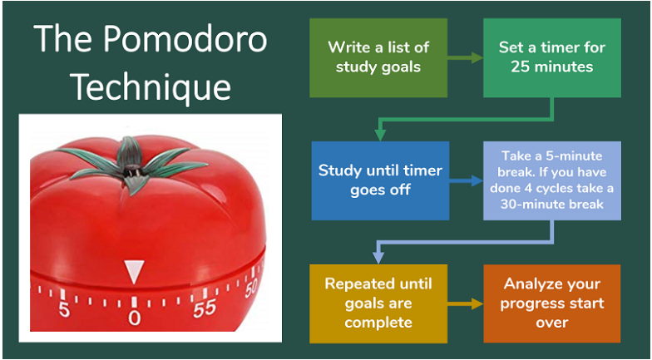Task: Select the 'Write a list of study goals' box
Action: pyautogui.click(x=378, y=57)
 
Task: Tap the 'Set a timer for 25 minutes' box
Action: pyautogui.click(x=552, y=57)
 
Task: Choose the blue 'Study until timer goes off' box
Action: pyautogui.click(x=380, y=180)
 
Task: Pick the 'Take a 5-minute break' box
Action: pyautogui.click(x=552, y=180)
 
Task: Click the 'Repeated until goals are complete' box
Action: pyautogui.click(x=378, y=303)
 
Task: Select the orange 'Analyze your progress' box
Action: pyautogui.click(x=552, y=303)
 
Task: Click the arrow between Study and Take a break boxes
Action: pyautogui.click(x=467, y=180)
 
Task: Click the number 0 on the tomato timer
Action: pyautogui.click(x=134, y=318)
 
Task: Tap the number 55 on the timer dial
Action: pyautogui.click(x=204, y=309)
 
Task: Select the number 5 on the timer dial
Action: pyautogui.click(x=64, y=310)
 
